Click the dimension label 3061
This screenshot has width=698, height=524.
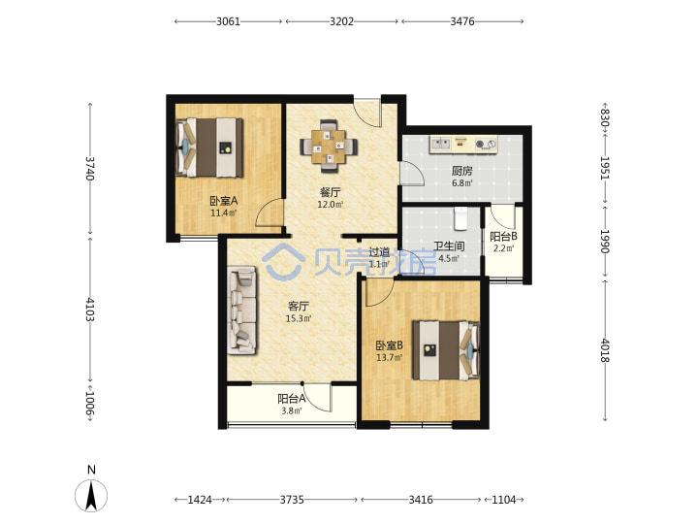pos(228,21)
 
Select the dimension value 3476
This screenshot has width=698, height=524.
pos(462,21)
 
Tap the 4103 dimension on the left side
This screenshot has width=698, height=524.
pos(90,310)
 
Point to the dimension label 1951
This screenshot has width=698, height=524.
pos(605,168)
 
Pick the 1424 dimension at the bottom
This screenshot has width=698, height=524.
pos(200,500)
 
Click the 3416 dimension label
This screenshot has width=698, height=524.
pos(421,500)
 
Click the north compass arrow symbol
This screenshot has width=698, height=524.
pos(91,496)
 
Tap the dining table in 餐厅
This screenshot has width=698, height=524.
pos(329,147)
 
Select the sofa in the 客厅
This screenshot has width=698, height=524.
pos(242,311)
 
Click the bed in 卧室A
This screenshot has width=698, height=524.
pos(209,147)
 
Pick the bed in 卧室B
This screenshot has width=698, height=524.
pos(446,350)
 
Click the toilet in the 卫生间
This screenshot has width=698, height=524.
pos(460,218)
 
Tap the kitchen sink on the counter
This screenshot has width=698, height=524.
pos(440,144)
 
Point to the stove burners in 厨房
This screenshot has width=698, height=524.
pos(486,144)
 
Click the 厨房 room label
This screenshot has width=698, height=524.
pos(461,171)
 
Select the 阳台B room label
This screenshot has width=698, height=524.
pos(503,236)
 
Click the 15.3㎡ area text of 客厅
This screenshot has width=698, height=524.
pos(299,318)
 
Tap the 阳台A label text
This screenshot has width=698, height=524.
pos(291,399)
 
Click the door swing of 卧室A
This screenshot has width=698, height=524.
pos(270,213)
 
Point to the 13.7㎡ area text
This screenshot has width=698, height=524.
pos(390,357)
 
